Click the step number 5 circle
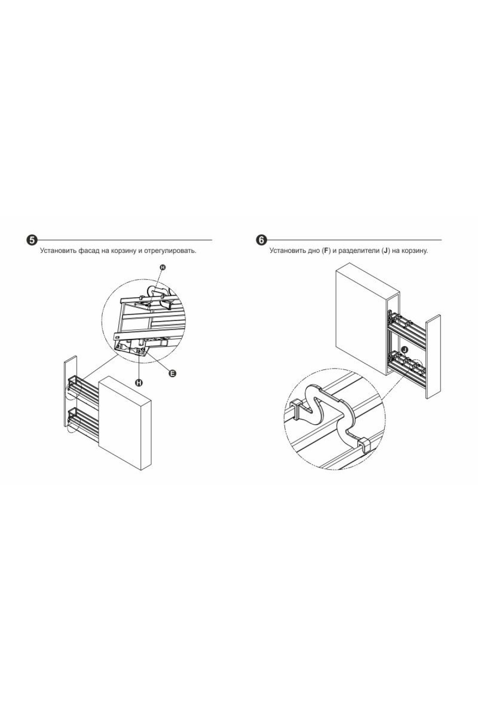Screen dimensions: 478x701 coord(32,240)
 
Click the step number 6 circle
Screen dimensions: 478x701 coord(261,240)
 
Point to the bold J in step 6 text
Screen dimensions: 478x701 coord(385,251)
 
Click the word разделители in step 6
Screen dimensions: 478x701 coord(358,251)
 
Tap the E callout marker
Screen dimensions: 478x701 coord(172,373)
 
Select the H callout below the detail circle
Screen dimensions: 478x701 coord(139,383)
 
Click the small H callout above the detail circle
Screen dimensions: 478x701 coord(162,268)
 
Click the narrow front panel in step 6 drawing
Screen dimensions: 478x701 coord(433,357)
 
